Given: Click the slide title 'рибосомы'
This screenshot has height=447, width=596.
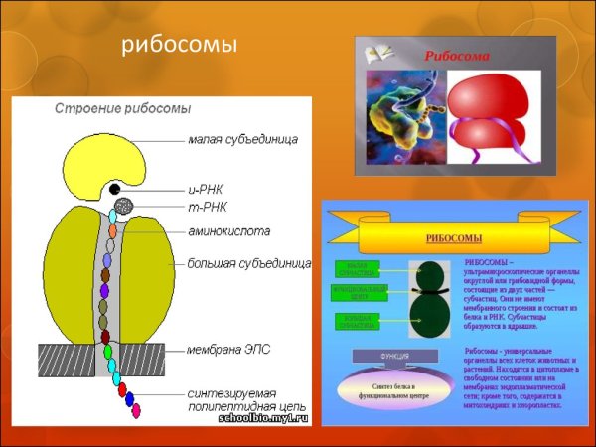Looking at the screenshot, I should (x=180, y=47).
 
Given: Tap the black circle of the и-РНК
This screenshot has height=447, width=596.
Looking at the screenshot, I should (x=115, y=189).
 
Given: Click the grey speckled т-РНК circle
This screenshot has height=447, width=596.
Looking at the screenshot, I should (x=123, y=208).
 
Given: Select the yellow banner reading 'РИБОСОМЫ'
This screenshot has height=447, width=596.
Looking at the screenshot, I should (x=453, y=238).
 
